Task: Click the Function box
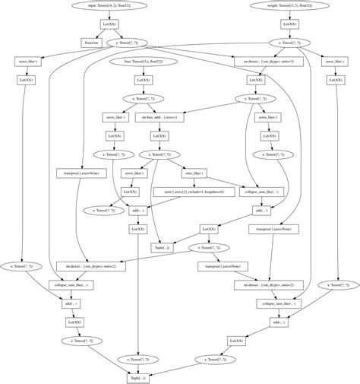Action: [x=91, y=43]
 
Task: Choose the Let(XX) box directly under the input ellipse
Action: [x=109, y=24]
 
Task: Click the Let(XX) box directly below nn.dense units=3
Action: [x=256, y=79]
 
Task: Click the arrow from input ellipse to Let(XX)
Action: [x=109, y=14]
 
